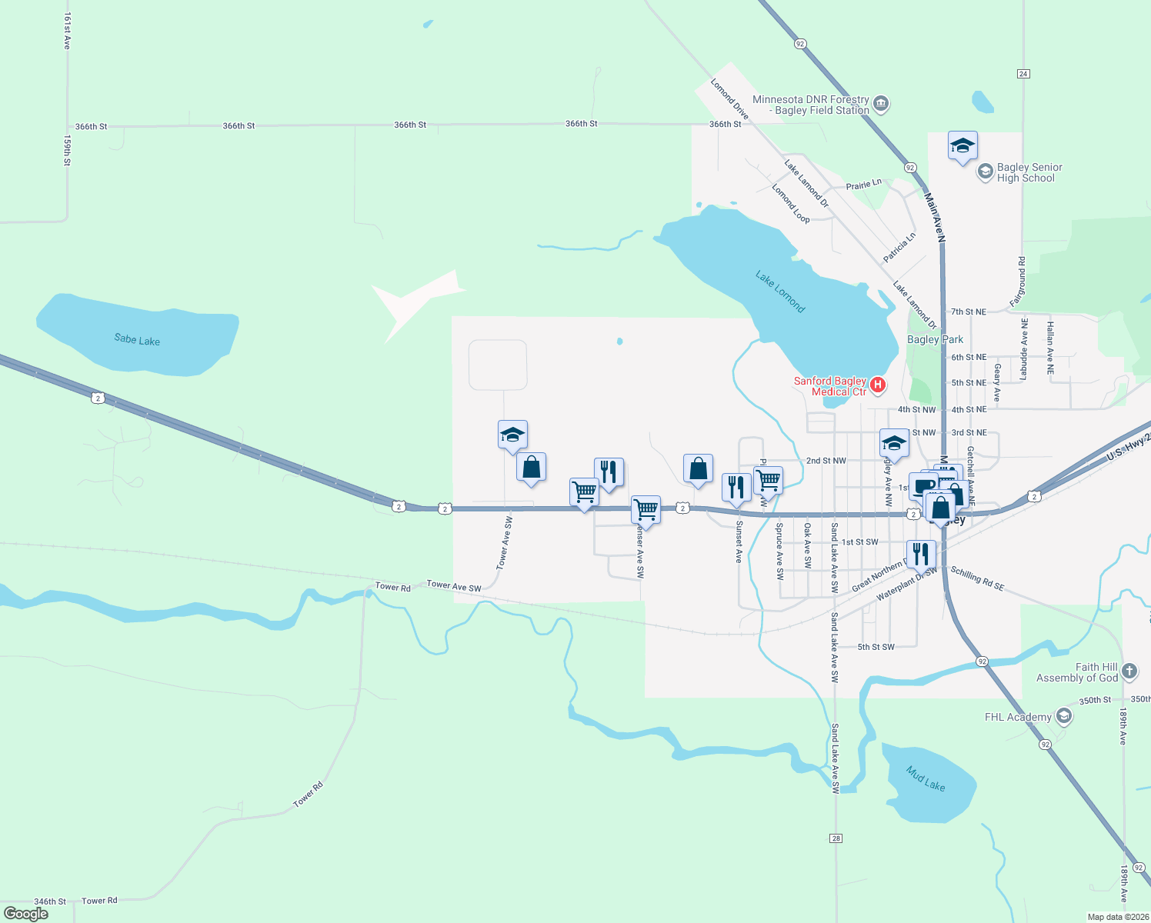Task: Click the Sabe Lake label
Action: click(137, 339)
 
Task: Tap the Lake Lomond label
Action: click(779, 292)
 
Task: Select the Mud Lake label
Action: click(925, 778)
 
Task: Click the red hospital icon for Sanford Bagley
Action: click(877, 384)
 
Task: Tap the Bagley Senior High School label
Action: click(1029, 172)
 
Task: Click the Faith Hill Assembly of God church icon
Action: click(1129, 671)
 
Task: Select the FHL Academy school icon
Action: click(1064, 717)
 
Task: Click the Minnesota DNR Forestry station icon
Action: click(882, 104)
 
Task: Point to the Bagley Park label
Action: click(935, 339)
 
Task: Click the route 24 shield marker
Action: click(1023, 74)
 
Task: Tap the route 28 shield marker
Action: click(836, 838)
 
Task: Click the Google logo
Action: click(26, 914)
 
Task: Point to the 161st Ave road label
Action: click(67, 32)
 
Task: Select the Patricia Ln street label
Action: click(899, 248)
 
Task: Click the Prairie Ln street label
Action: click(863, 185)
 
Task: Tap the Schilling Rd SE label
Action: click(977, 578)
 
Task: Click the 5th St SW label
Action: click(876, 647)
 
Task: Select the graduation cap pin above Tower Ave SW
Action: click(512, 435)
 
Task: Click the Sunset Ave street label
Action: click(739, 541)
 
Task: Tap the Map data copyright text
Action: click(1118, 917)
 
